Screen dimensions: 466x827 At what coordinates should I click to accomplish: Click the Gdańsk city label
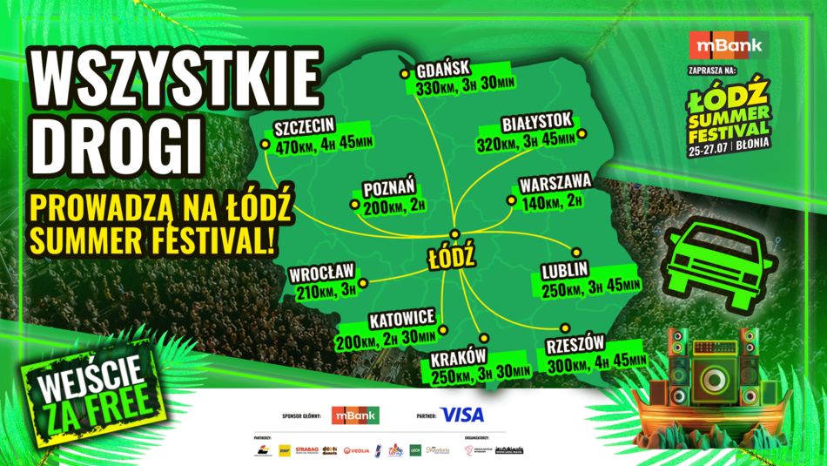444,69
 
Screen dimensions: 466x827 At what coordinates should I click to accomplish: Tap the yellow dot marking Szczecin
265,144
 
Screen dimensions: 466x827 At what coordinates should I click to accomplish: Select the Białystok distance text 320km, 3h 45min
525,140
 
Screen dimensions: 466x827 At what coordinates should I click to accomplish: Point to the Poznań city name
390,186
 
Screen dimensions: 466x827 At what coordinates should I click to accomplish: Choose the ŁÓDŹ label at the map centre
451,258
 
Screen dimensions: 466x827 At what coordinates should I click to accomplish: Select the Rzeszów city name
575,343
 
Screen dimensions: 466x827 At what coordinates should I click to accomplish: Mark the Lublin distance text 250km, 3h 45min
591,287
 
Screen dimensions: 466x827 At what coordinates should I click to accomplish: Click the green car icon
713,257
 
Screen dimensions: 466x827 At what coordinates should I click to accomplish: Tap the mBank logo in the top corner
726,45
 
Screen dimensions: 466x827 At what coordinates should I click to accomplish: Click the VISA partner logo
462,415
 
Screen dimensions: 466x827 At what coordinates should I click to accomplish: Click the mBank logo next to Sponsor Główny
356,415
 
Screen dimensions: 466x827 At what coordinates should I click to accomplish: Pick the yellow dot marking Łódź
454,233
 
